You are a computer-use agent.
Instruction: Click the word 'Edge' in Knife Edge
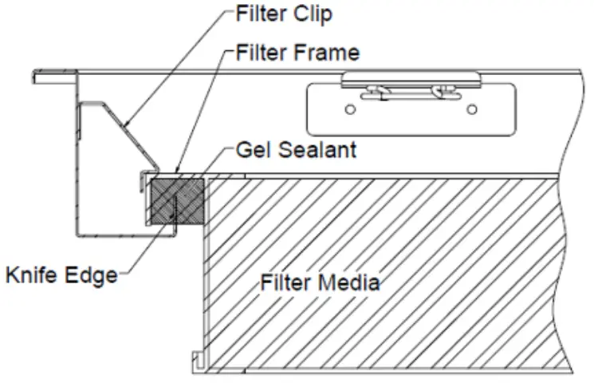pos(92,277)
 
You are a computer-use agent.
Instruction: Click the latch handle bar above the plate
pos(411,79)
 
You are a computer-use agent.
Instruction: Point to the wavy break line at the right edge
pos(568,239)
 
